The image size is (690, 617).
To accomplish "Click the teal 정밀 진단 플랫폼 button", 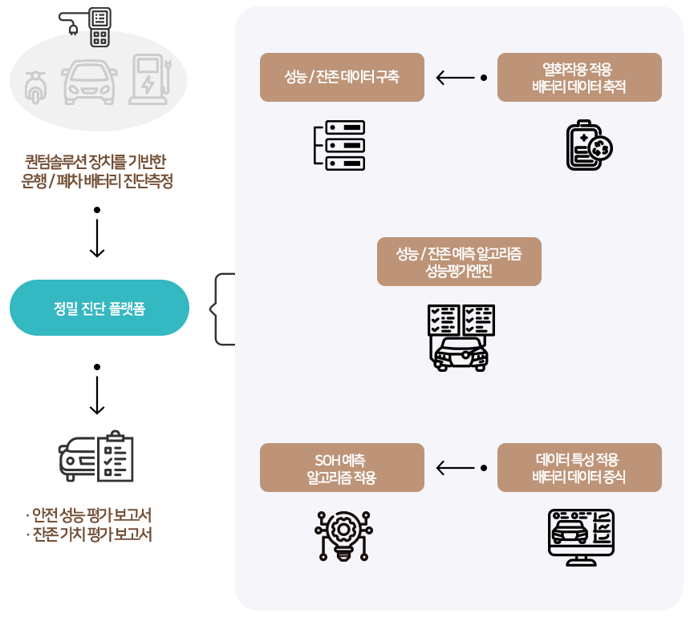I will [99, 308].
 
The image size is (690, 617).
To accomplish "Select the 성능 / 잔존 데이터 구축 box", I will [342, 78].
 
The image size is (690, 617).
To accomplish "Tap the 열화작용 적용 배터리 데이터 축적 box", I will [579, 78].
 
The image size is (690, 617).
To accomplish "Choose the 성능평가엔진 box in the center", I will [459, 262].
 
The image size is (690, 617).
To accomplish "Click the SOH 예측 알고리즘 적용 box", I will [342, 468].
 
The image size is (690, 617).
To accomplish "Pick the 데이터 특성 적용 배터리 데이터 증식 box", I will [579, 468].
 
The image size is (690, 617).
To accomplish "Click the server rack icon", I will [339, 145].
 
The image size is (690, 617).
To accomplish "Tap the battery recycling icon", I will [590, 145].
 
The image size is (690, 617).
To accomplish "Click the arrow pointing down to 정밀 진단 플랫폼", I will [97, 232].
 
